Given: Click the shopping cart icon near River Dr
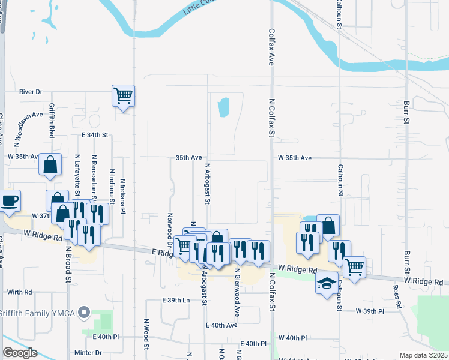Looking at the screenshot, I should (123, 95).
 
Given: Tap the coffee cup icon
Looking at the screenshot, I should (9, 201).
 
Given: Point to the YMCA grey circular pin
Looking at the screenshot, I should (84, 312).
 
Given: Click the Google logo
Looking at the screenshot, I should (20, 353).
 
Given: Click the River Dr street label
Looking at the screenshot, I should (31, 92).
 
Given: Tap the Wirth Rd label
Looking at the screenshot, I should (19, 292).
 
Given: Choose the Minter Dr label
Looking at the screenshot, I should (88, 353).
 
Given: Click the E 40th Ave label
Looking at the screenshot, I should (221, 325).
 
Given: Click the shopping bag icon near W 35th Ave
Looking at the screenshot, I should (50, 164).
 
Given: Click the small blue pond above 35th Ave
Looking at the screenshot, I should (224, 107).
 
